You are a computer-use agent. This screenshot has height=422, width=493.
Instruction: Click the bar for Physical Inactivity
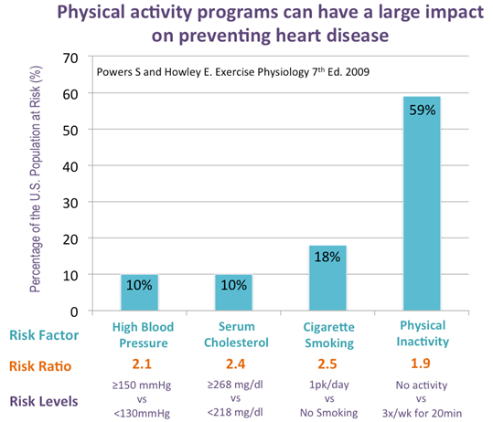click(422, 204)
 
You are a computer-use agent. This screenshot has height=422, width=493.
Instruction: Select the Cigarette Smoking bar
click(327, 279)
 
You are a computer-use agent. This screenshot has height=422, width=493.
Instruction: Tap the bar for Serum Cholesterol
click(233, 292)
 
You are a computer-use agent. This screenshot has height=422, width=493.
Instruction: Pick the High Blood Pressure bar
click(140, 292)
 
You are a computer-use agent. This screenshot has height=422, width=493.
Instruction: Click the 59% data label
click(423, 111)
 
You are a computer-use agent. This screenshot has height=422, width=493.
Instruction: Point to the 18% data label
click(327, 257)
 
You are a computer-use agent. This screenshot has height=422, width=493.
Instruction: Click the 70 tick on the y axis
click(70, 58)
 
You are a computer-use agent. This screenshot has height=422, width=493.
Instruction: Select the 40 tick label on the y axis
click(70, 167)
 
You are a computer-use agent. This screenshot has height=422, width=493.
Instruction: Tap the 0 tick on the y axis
click(74, 312)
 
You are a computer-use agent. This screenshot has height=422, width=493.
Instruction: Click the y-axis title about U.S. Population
click(35, 179)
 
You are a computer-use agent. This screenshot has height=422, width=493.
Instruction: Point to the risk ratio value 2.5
click(327, 364)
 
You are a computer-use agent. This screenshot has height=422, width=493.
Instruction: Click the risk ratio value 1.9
click(421, 364)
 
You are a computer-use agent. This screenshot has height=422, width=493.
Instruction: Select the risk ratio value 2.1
click(142, 364)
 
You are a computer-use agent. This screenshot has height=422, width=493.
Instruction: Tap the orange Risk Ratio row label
click(40, 366)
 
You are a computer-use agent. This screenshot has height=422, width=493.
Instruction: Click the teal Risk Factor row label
click(44, 335)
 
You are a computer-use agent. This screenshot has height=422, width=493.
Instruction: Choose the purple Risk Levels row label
click(44, 401)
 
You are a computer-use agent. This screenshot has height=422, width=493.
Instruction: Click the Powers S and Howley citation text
click(233, 72)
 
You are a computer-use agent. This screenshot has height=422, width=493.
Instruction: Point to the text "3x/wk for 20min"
click(422, 413)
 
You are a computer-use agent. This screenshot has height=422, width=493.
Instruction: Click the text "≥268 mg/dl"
click(235, 385)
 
